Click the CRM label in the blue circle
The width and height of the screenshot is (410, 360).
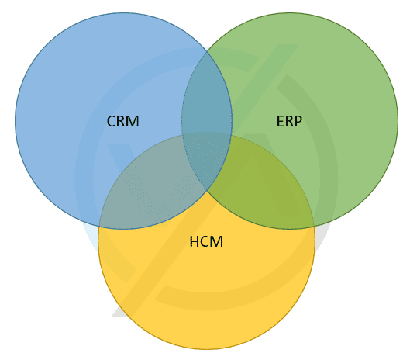tap(122, 121)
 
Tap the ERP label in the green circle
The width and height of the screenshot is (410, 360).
tap(289, 121)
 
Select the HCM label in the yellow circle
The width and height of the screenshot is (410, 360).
tap(206, 241)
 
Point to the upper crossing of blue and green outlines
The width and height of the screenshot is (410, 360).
tap(207, 51)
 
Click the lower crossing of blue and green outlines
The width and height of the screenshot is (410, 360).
tap(207, 190)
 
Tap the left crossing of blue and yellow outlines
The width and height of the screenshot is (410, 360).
tap(99, 225)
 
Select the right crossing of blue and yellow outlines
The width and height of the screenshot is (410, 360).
tap(231, 136)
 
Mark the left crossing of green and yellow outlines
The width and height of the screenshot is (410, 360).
tap(182, 136)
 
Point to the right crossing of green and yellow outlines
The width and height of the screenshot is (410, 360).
tap(314, 225)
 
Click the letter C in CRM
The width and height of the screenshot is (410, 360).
tap(111, 121)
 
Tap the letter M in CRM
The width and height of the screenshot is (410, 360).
tap(133, 121)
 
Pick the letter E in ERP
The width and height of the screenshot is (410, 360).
tap(281, 121)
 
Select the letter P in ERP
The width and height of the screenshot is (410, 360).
tap(298, 121)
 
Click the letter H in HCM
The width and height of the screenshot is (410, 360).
tap(195, 241)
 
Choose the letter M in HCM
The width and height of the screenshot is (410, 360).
tap(217, 241)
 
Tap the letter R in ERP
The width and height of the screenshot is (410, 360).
tap(289, 121)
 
